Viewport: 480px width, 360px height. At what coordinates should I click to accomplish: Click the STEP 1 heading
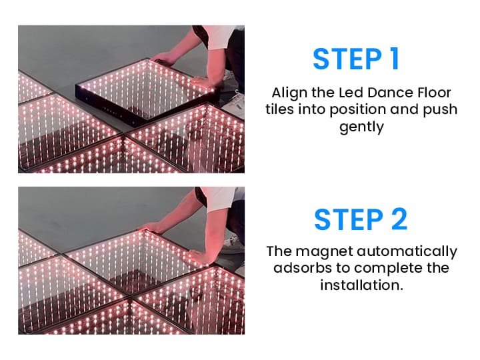pyautogui.click(x=356, y=59)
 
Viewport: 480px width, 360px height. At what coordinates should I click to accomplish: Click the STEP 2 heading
pyautogui.click(x=361, y=219)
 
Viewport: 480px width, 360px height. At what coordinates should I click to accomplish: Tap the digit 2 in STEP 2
pyautogui.click(x=399, y=219)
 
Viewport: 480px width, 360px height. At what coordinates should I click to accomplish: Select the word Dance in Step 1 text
pyautogui.click(x=390, y=93)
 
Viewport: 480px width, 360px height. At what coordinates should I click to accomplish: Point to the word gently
pyautogui.click(x=361, y=127)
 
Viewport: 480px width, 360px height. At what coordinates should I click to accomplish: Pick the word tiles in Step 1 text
pyautogui.click(x=279, y=109)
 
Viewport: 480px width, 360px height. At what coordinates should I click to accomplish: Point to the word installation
pyautogui.click(x=361, y=285)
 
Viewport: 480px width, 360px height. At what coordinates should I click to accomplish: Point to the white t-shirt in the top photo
pyautogui.click(x=220, y=36)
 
